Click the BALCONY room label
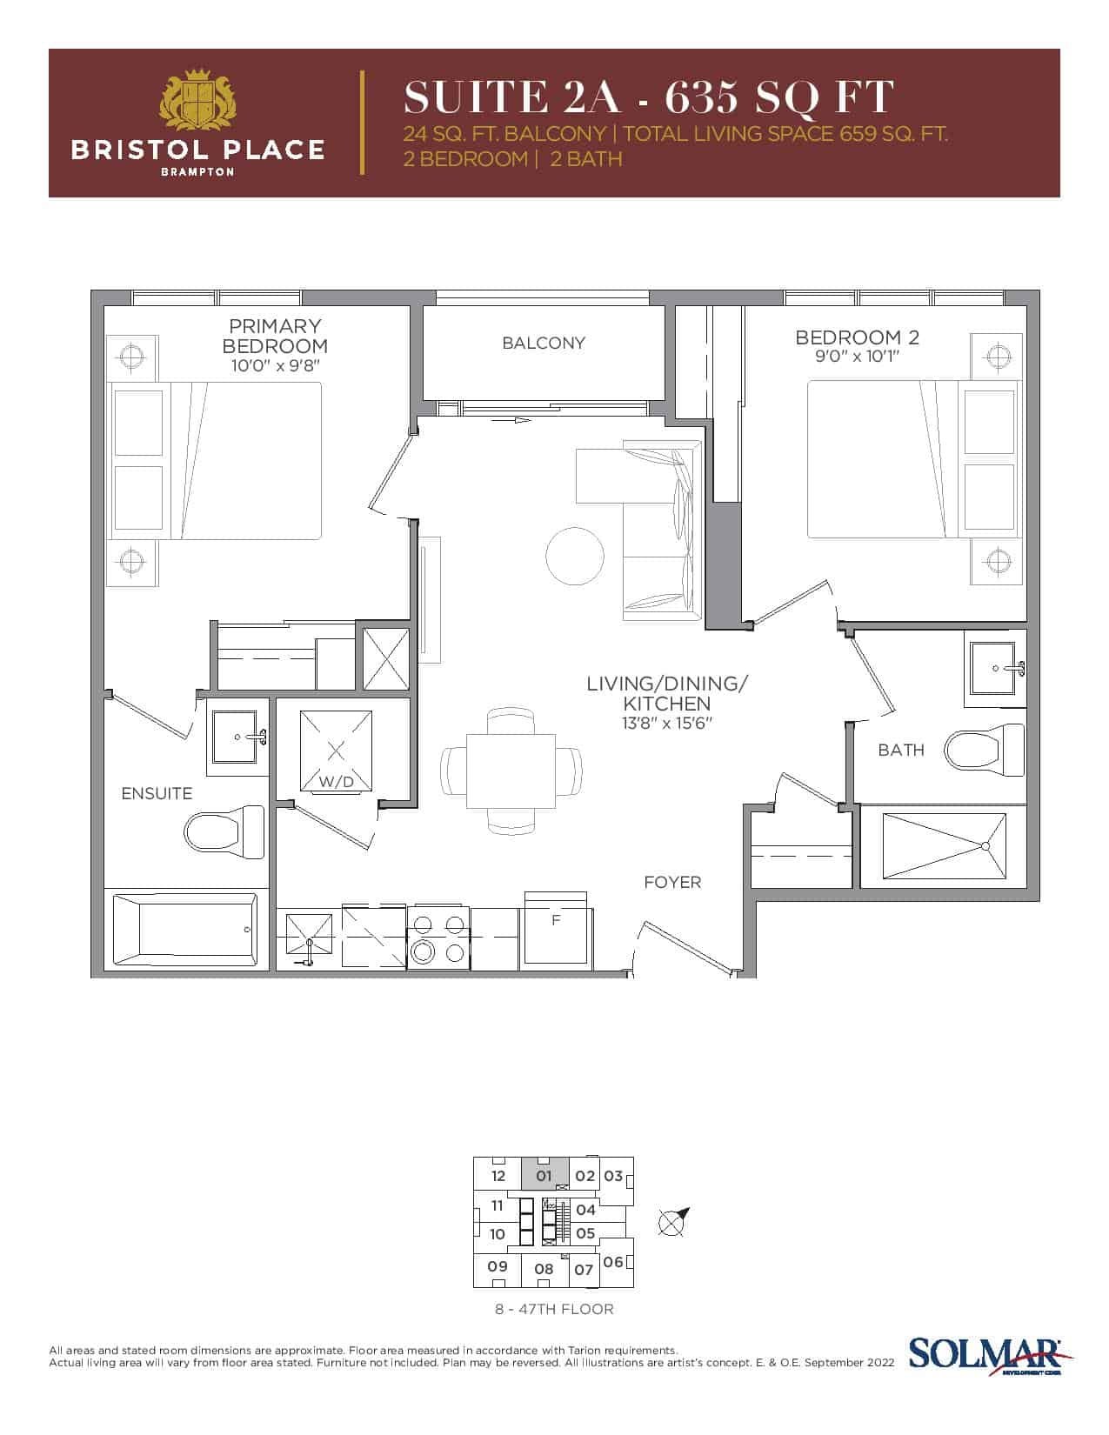(x=543, y=343)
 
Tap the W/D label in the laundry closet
(x=337, y=782)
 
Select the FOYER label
(x=672, y=882)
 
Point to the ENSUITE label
(x=157, y=793)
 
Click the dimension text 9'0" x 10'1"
(x=857, y=357)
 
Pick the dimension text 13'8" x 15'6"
(x=666, y=723)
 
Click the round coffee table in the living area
(x=575, y=556)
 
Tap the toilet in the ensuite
(x=224, y=832)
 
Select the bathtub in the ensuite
(x=185, y=929)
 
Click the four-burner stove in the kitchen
(x=438, y=938)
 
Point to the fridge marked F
(x=556, y=931)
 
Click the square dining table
(x=511, y=771)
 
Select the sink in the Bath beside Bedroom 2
(x=993, y=668)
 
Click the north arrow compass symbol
(x=672, y=1222)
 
